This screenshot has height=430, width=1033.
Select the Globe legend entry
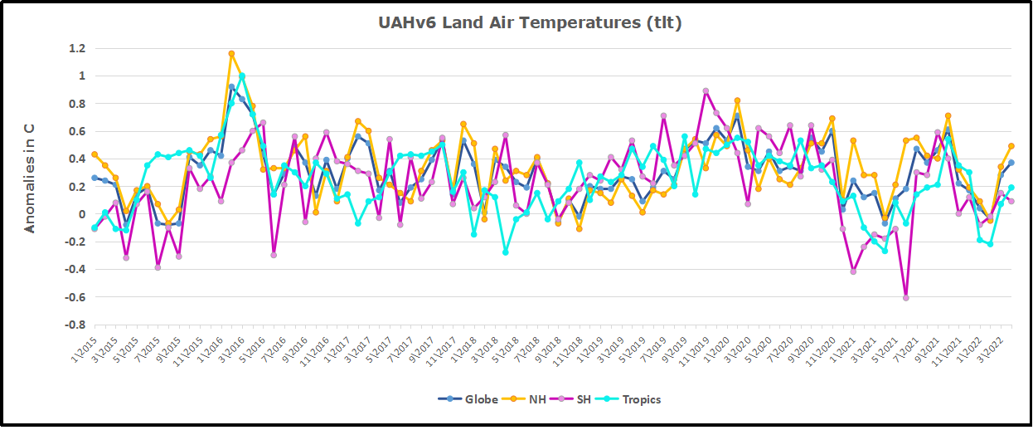468,399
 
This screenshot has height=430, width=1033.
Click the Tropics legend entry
640,399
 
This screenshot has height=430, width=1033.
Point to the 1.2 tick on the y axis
76,48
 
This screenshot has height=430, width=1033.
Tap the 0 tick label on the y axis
82,214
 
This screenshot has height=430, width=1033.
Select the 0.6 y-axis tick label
76,131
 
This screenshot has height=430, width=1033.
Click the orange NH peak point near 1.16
231,54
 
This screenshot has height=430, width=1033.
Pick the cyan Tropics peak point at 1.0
242,76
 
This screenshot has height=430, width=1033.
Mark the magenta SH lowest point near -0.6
906,297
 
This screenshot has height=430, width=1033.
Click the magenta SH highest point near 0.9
706,91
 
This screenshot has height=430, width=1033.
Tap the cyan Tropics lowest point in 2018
505,252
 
